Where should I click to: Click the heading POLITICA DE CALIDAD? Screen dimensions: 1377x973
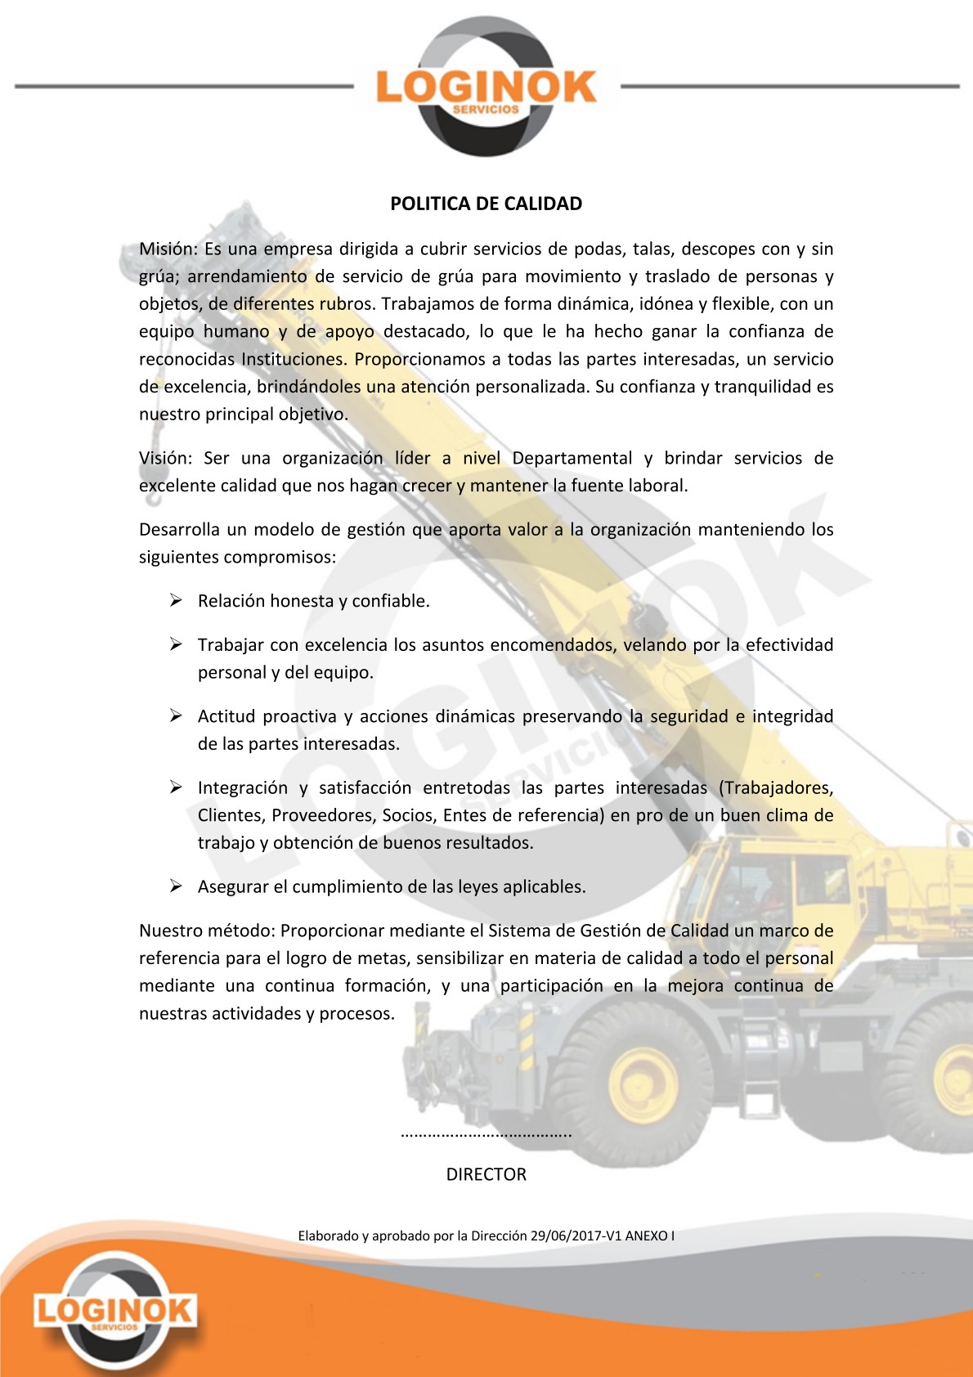click(x=486, y=204)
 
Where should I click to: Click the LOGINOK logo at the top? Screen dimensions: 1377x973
click(x=486, y=87)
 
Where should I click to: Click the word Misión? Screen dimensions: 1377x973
click(x=167, y=249)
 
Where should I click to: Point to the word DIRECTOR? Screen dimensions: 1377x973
click(x=486, y=1174)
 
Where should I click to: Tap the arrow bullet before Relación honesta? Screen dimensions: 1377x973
click(x=176, y=601)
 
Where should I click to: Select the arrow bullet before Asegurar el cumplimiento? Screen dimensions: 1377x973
click(x=176, y=886)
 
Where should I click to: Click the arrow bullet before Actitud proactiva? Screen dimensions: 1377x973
click(x=176, y=716)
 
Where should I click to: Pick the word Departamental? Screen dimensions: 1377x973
click(x=572, y=458)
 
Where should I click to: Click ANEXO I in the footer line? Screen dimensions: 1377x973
click(x=650, y=1236)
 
